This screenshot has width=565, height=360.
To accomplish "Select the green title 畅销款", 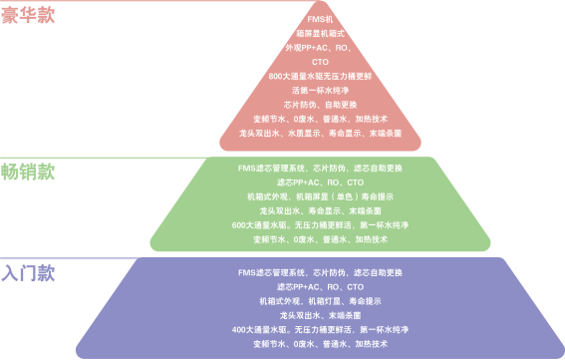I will [x=27, y=171].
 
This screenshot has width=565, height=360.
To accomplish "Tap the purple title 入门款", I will [x=27, y=272].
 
